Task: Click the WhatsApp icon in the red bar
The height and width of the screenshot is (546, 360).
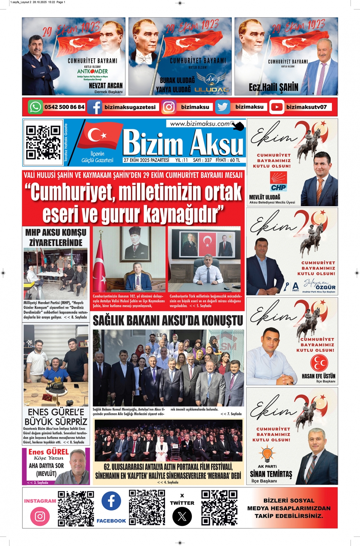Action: click(35, 107)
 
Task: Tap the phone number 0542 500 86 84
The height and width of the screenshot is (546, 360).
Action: click(64, 107)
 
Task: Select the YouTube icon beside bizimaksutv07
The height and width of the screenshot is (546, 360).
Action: click(277, 107)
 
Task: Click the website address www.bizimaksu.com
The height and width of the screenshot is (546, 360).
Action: click(200, 124)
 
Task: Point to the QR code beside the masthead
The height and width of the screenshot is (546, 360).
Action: click(43, 142)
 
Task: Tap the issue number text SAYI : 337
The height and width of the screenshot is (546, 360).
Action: click(202, 160)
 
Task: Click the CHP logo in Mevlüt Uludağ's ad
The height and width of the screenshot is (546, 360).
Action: click(279, 181)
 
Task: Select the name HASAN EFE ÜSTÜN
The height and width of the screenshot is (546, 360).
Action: click(318, 376)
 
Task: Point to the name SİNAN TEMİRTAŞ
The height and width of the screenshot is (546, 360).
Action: click(271, 474)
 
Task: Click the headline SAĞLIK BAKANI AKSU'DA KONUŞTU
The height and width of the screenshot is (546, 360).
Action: click(168, 321)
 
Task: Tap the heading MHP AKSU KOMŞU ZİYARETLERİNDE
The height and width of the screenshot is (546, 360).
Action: click(56, 237)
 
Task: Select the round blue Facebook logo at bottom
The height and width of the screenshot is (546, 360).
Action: click(111, 501)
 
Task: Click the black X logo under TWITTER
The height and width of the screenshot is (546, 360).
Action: click(182, 516)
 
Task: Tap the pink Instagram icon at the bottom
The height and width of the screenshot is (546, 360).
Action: click(40, 516)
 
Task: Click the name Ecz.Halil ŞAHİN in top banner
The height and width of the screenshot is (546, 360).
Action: click(274, 88)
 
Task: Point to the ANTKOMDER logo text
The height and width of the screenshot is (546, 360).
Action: click(92, 71)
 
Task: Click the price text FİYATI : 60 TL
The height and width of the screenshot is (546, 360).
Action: click(228, 160)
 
